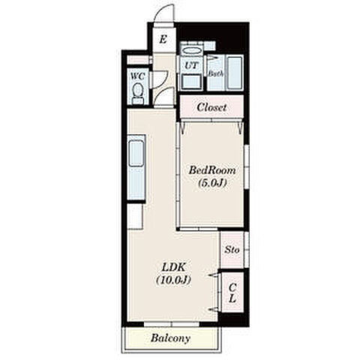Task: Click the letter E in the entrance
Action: [163, 39]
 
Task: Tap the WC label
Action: [138, 76]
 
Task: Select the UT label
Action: [191, 65]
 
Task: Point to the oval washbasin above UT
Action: [191, 50]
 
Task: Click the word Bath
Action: [216, 73]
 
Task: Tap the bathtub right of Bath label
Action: [235, 73]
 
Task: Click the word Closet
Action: [211, 107]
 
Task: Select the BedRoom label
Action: [212, 170]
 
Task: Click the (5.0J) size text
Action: [212, 183]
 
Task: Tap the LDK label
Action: [174, 267]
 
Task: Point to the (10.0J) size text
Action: [174, 280]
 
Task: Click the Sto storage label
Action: [232, 250]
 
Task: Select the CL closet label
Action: [232, 293]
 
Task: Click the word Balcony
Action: [170, 338]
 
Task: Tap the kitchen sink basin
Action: [136, 154]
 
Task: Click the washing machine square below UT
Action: [191, 82]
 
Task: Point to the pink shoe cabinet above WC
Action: [138, 60]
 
